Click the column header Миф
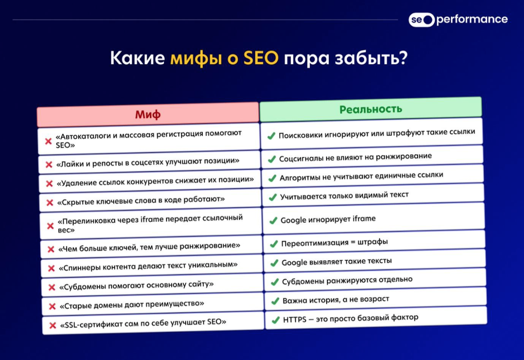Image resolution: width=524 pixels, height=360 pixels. coord(148,114)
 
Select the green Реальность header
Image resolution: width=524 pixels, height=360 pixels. coord(371,109)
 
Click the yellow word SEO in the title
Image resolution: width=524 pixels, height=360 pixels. coord(261,58)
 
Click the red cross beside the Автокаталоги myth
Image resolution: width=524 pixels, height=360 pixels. coord(48,141)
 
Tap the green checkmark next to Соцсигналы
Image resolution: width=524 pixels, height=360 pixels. coord(272,159)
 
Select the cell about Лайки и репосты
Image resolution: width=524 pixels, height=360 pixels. coord(149,162)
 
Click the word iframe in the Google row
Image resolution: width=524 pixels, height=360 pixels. coord(364,219)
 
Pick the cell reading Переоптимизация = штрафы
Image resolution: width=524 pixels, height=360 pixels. coord(374,242)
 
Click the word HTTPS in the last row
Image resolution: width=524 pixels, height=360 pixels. coord(294,319)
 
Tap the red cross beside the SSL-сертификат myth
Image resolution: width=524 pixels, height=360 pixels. coord(53,325)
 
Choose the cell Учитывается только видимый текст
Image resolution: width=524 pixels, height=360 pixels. coord(373,195)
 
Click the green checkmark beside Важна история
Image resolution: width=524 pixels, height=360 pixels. coord(275,301)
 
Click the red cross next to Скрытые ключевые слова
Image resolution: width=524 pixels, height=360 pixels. coord(50,202)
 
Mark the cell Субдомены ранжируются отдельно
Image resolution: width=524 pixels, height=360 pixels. coord(375,280)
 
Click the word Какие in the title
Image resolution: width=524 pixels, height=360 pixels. coord(138,58)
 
